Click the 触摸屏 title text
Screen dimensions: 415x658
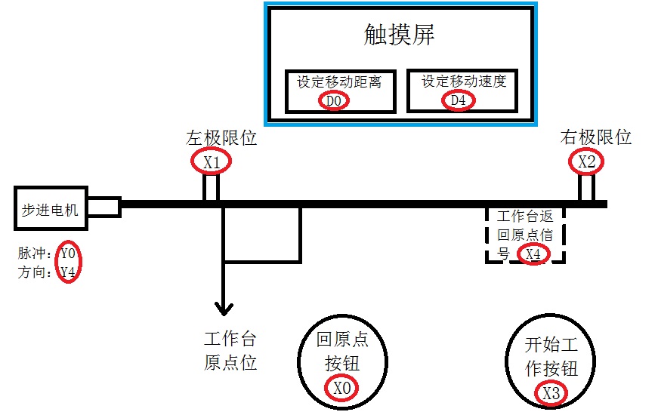(x=399, y=35)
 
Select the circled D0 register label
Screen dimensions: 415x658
(x=334, y=100)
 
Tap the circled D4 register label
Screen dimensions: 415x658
(x=458, y=100)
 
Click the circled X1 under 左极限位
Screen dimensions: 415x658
(x=211, y=161)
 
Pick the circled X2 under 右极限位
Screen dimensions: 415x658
(x=586, y=161)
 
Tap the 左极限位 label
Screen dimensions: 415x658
(x=221, y=138)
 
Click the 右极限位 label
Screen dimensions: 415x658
(x=596, y=137)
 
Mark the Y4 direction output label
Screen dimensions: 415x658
(x=68, y=272)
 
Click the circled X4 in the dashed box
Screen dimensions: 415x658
(x=533, y=254)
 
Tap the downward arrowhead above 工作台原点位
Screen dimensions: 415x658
(x=224, y=308)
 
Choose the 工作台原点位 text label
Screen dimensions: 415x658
(x=230, y=350)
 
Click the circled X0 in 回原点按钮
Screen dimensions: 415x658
(x=343, y=388)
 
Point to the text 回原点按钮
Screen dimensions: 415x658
(x=342, y=352)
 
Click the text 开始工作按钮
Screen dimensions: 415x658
(x=551, y=357)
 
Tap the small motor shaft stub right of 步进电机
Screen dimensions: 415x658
(x=105, y=207)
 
